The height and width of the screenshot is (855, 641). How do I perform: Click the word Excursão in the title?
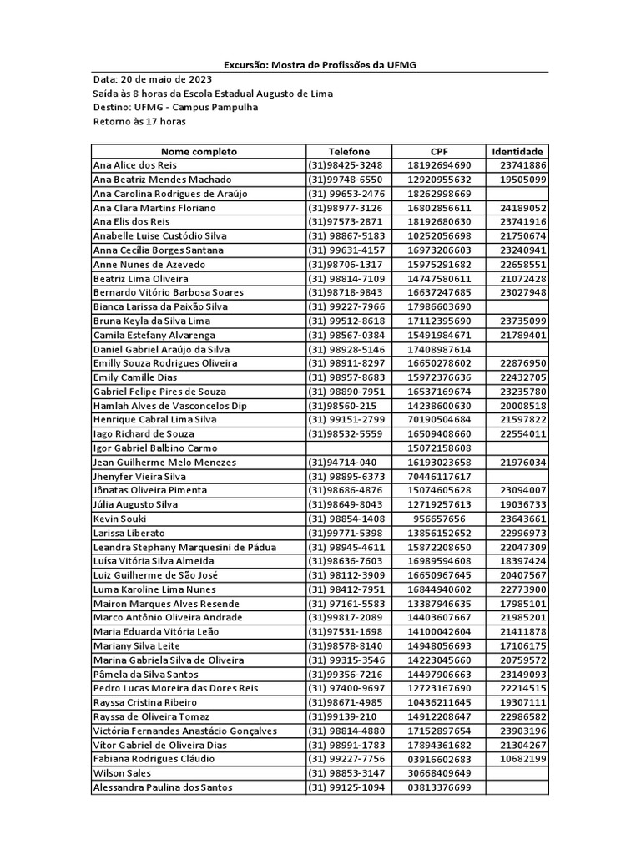[x=248, y=65]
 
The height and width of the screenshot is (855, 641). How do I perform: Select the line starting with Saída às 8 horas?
[x=212, y=94]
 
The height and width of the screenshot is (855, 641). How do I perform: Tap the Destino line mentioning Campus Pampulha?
[x=175, y=108]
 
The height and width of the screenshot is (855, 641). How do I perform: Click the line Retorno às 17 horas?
[x=139, y=122]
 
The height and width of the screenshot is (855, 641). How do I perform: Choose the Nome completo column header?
[x=199, y=151]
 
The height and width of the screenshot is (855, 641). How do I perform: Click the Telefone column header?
[x=349, y=151]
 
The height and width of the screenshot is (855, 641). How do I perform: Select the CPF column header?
[x=439, y=151]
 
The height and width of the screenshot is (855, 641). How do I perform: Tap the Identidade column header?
[x=517, y=151]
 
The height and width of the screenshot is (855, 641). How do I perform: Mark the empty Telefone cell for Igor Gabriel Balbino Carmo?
[x=349, y=448]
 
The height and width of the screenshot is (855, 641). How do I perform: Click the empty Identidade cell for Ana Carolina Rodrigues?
[x=517, y=194]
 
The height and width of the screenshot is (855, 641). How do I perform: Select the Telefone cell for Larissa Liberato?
[x=349, y=533]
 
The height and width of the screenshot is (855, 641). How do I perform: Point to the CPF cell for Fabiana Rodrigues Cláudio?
[x=439, y=759]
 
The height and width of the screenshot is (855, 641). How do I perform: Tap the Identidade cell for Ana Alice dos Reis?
[x=517, y=165]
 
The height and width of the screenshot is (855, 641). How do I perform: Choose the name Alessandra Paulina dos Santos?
[x=163, y=787]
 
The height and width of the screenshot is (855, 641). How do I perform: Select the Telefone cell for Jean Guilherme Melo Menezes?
[x=349, y=462]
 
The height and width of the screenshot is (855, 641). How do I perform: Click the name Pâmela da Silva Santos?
[x=147, y=674]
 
